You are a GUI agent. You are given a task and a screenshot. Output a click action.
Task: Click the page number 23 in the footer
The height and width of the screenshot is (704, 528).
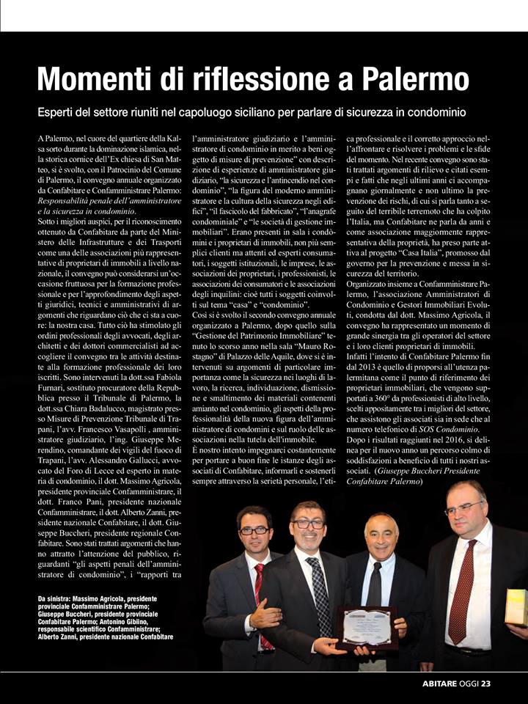click(x=485, y=683)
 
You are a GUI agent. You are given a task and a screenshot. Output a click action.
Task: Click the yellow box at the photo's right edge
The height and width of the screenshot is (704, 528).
click(x=516, y=607)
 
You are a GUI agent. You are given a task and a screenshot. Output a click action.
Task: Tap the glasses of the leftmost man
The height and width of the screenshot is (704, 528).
click(x=254, y=529)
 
